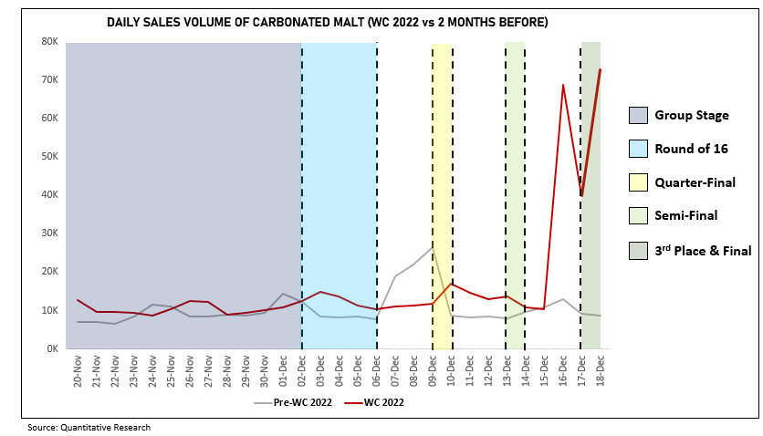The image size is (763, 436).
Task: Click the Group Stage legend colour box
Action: click(638, 115)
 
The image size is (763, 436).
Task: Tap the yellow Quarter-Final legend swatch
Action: click(638, 182)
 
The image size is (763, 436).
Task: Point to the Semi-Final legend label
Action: click(686, 216)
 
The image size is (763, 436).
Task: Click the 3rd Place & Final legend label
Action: click(703, 250)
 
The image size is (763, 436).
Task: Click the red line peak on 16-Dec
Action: click(563, 85)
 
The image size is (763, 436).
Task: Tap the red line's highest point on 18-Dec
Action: click(600, 69)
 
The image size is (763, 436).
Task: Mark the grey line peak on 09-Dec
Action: click(433, 246)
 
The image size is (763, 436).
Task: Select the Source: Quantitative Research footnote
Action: click(89, 427)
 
